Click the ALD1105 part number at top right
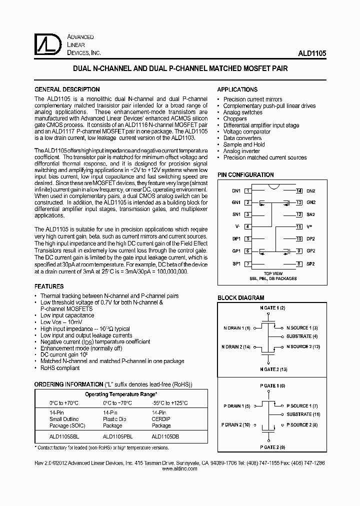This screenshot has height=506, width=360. [312, 52]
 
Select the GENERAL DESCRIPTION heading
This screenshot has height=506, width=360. [66, 89]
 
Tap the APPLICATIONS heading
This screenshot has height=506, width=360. [237, 89]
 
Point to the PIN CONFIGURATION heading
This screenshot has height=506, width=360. [245, 175]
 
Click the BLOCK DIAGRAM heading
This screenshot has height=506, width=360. [240, 298]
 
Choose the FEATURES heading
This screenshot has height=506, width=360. [48, 286]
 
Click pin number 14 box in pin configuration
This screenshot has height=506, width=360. [298, 191]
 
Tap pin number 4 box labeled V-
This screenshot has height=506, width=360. [247, 226]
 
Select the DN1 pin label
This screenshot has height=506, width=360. [236, 191]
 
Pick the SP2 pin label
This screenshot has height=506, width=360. [310, 264]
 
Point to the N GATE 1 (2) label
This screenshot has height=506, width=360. [272, 308]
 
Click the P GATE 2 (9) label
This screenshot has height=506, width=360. [272, 447]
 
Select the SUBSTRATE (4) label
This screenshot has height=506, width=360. [302, 336]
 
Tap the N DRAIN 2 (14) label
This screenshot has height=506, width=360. [236, 347]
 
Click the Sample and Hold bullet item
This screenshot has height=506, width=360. [244, 144]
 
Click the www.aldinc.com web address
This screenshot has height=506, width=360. [180, 469]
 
